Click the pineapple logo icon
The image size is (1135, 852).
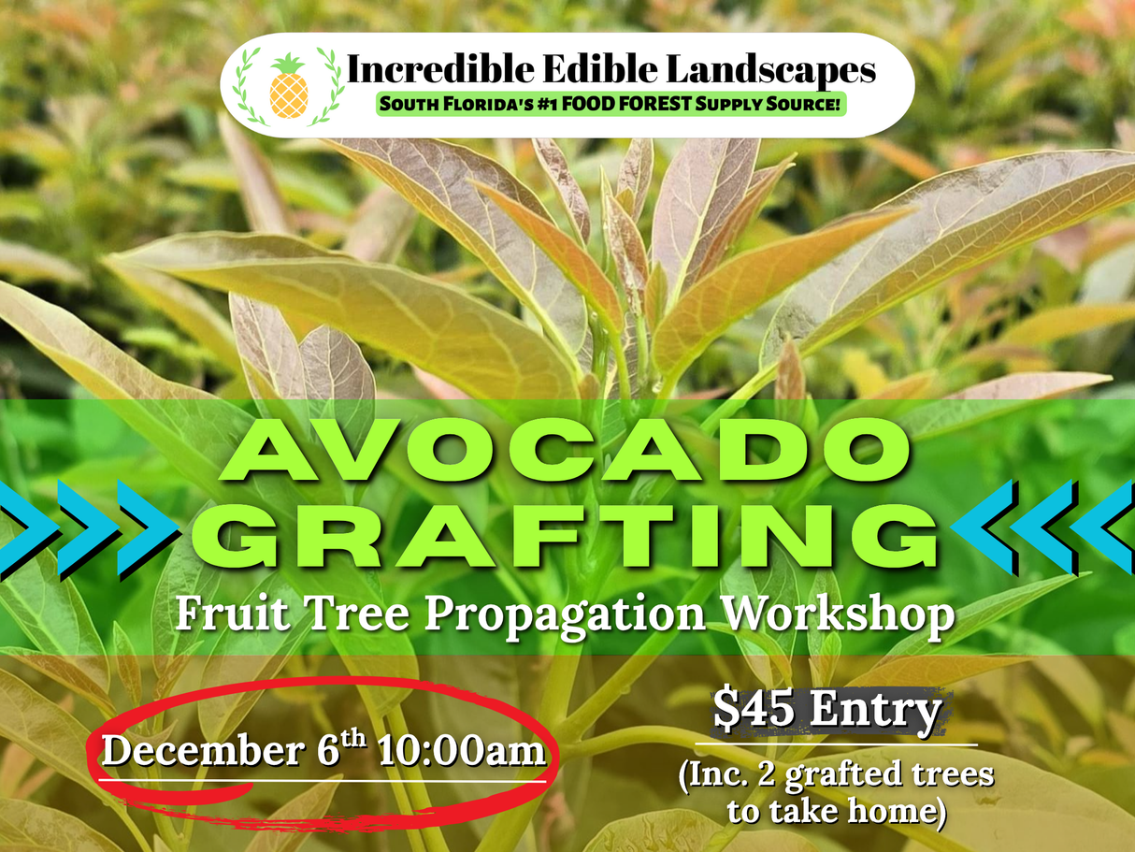point(288,86)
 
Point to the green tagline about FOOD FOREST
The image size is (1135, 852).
point(611,104)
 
